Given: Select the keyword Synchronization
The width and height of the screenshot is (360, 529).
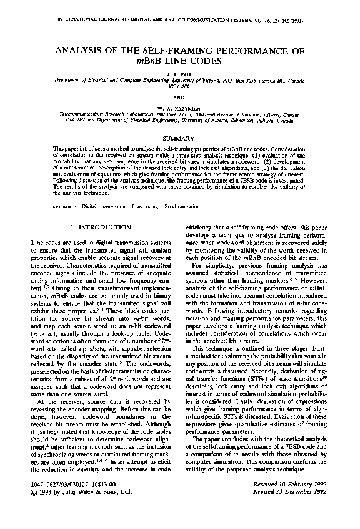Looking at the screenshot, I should point(182,205).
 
